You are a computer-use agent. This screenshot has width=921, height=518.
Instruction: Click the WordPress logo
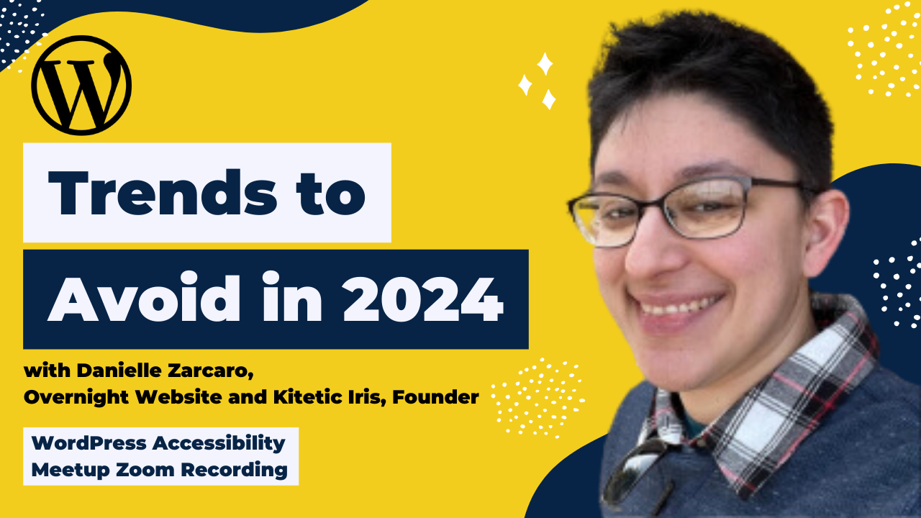tap(81, 85)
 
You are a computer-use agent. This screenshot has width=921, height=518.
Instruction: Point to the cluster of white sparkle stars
tap(538, 81)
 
